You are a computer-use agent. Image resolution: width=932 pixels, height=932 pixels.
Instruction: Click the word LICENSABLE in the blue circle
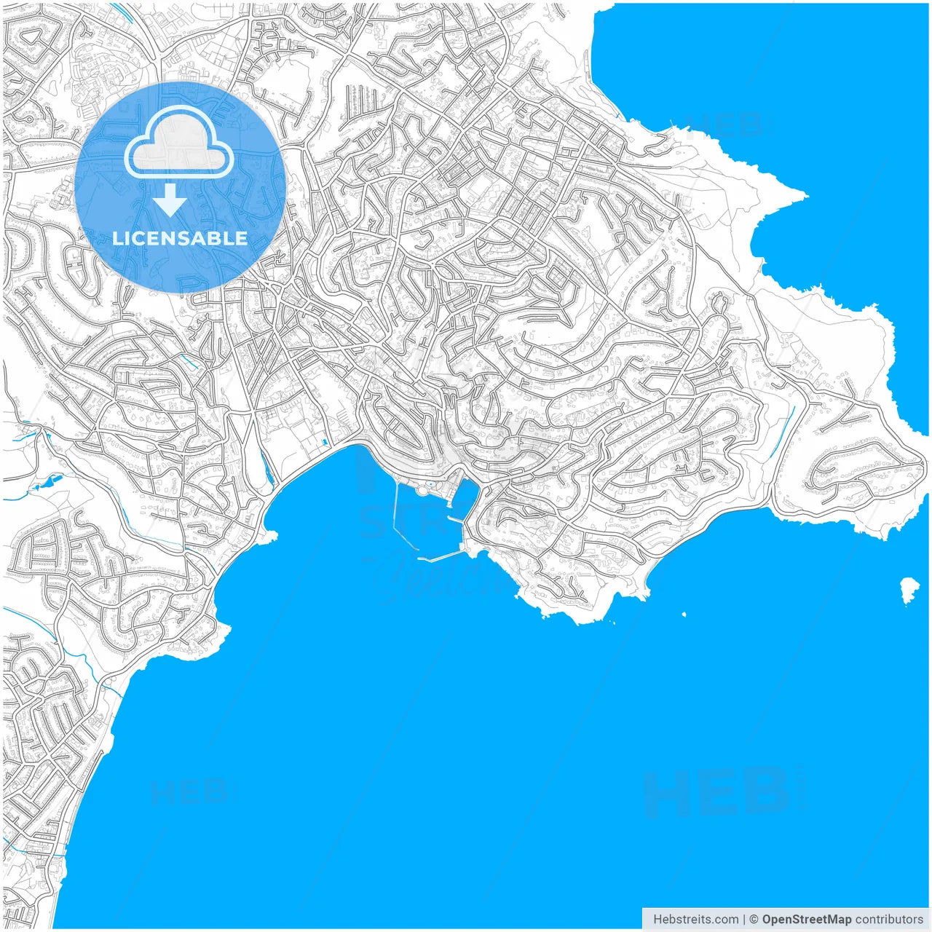[180, 238]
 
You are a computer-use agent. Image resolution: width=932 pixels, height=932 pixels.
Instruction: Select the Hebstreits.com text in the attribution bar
[695, 919]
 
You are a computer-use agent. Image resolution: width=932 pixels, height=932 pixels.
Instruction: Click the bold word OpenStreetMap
[807, 919]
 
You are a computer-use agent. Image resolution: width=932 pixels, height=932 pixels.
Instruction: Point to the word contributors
[889, 919]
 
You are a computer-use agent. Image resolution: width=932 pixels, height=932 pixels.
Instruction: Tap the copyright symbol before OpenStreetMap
[754, 919]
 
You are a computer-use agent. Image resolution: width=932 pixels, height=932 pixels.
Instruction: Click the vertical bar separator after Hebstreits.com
[744, 919]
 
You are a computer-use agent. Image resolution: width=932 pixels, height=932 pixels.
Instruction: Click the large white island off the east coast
[909, 589]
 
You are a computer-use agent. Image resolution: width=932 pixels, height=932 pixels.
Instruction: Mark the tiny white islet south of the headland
[684, 614]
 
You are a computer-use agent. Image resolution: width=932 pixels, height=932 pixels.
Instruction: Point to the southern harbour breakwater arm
[441, 557]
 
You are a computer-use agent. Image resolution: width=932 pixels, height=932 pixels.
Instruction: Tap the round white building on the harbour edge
[423, 491]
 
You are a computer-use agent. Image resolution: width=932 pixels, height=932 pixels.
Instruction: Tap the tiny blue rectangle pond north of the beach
[325, 441]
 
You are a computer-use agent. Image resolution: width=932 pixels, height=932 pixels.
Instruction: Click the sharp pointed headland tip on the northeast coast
[805, 194]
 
